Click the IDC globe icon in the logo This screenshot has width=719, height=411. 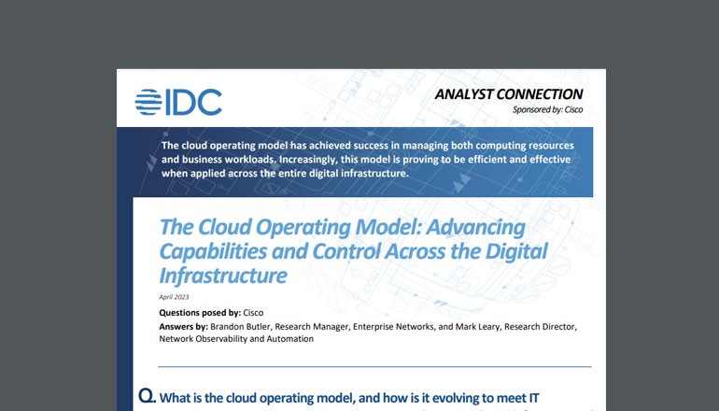148,102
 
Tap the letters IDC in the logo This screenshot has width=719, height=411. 193,102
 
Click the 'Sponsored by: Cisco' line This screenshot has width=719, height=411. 546,110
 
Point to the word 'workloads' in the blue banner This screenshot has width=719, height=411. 246,160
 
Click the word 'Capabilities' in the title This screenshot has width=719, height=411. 214,250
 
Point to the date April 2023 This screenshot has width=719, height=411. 175,295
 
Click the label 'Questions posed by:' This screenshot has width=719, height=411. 200,312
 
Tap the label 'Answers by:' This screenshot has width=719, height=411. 183,326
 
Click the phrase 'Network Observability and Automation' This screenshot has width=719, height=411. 236,339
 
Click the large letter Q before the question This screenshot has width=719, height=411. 147,396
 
